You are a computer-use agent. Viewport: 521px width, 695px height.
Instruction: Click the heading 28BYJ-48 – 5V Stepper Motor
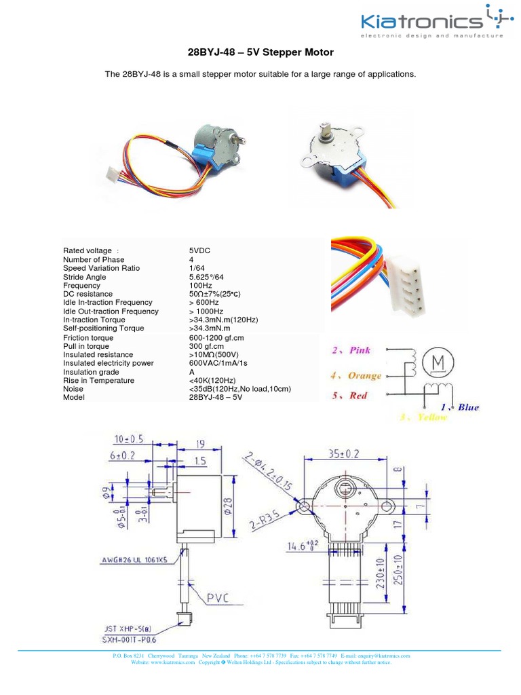(260, 52)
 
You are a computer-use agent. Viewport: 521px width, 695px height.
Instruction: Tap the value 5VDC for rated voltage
(200, 250)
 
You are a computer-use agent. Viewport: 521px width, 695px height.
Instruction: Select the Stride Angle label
(84, 277)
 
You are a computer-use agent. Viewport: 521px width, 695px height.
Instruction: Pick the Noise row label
(73, 389)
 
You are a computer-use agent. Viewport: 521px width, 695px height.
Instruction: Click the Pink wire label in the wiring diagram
(352, 350)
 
